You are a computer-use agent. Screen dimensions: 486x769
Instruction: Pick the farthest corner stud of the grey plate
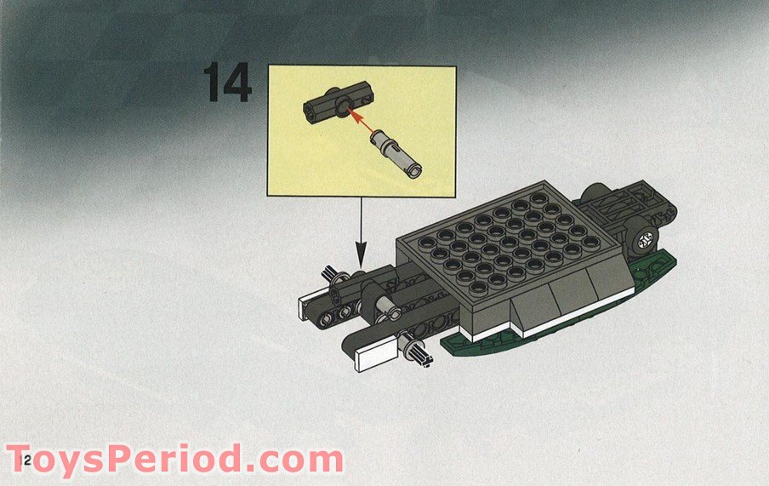tap(538, 197)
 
